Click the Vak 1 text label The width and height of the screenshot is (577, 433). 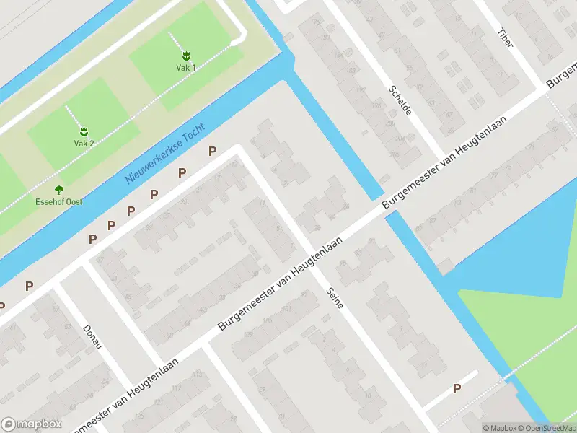coord(186,67)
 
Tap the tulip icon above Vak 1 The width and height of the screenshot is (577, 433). coord(186,55)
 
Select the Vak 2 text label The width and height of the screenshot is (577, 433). coord(84,143)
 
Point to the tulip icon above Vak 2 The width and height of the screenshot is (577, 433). coord(84,131)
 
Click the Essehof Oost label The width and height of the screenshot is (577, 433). coord(59,201)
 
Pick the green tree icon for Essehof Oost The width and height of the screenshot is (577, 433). coord(59,190)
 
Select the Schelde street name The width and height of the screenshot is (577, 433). coord(400,100)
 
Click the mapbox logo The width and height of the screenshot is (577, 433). coord(32,424)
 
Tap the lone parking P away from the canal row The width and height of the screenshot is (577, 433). coord(457,389)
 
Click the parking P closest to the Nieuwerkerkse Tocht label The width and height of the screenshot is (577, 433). coord(212,151)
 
